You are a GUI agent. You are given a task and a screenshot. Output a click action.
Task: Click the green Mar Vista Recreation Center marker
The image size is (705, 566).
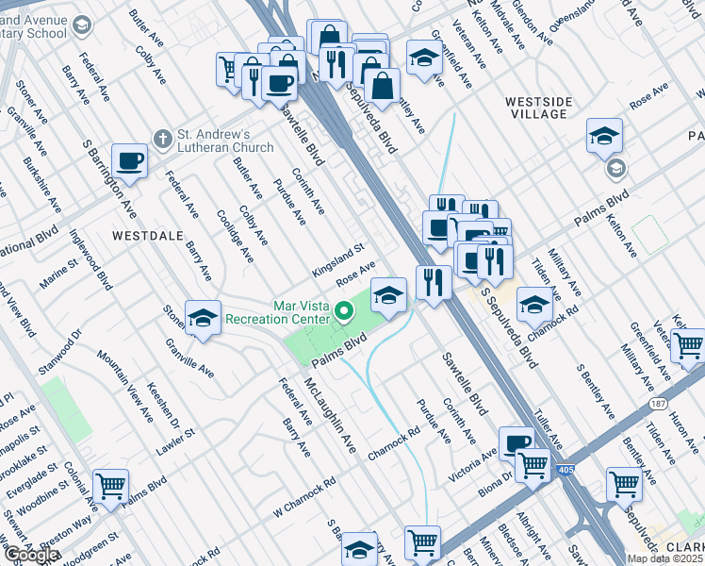tap(345, 310)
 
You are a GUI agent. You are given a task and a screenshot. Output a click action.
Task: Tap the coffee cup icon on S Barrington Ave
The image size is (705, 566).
tap(130, 160)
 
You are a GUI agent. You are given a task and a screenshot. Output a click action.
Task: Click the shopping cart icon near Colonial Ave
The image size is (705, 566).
tap(111, 488)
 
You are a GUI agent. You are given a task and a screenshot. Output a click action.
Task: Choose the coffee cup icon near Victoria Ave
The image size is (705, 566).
tap(516, 443)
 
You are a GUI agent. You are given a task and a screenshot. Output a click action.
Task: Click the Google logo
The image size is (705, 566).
tap(31, 555)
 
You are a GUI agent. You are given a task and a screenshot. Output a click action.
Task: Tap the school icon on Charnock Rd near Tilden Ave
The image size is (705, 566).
tap(534, 304)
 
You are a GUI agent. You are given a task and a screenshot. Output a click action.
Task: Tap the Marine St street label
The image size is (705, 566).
tap(57, 276)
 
